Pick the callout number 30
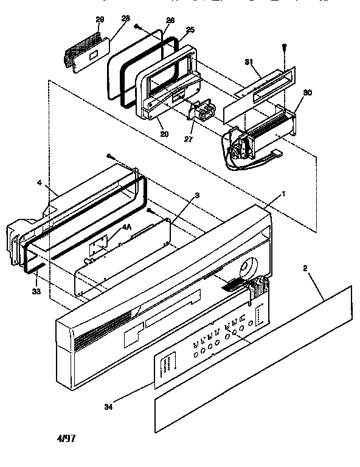point(307,92)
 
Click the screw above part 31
point(283,48)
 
